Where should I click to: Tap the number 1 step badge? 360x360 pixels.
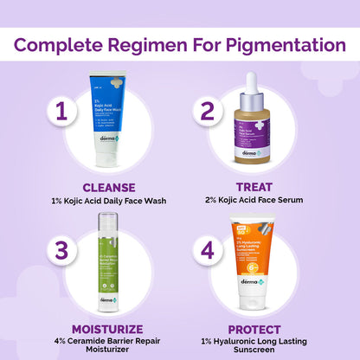[60, 112]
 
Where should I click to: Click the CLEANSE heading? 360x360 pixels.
[107, 186]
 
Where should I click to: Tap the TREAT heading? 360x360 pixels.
[252, 186]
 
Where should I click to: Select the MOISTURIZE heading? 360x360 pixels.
[107, 330]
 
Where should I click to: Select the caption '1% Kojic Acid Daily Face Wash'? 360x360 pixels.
[107, 201]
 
